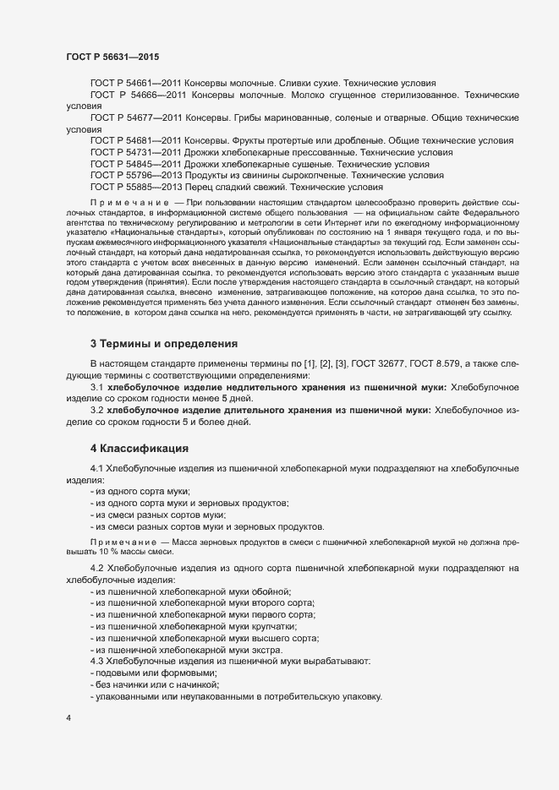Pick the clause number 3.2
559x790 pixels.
click(97, 410)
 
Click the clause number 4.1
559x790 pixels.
click(97, 467)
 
